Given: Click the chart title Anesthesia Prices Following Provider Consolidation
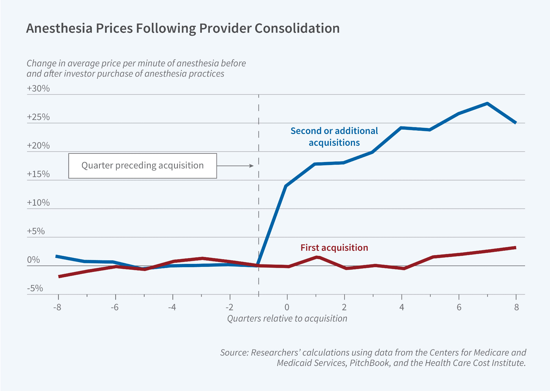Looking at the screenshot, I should [x=183, y=28].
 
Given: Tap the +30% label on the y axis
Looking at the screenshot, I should [x=38, y=88].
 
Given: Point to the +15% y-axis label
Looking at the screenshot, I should [x=38, y=174].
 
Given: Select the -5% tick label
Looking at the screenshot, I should [x=35, y=288].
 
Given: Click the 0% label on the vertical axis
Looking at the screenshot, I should [x=33, y=260].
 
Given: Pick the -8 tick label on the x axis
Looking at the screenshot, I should [x=57, y=307].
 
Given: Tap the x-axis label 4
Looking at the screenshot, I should [x=402, y=307].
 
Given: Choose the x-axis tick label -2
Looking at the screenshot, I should [x=229, y=307].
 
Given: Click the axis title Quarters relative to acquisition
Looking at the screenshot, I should [x=287, y=319].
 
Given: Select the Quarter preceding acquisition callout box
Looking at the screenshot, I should [x=142, y=166].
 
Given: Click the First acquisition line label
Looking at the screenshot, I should [x=334, y=248].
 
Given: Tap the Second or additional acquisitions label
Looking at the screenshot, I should [x=334, y=136].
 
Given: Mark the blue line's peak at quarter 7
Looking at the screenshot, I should [x=487, y=104].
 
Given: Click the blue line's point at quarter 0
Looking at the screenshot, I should [x=286, y=186].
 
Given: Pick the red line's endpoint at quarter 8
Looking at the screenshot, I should [x=515, y=248].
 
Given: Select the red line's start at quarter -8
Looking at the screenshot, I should [x=59, y=277].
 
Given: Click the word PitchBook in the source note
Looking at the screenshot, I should [x=370, y=363].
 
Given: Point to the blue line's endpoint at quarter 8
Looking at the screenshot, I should [x=516, y=122].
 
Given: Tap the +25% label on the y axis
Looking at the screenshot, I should [x=38, y=117].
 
